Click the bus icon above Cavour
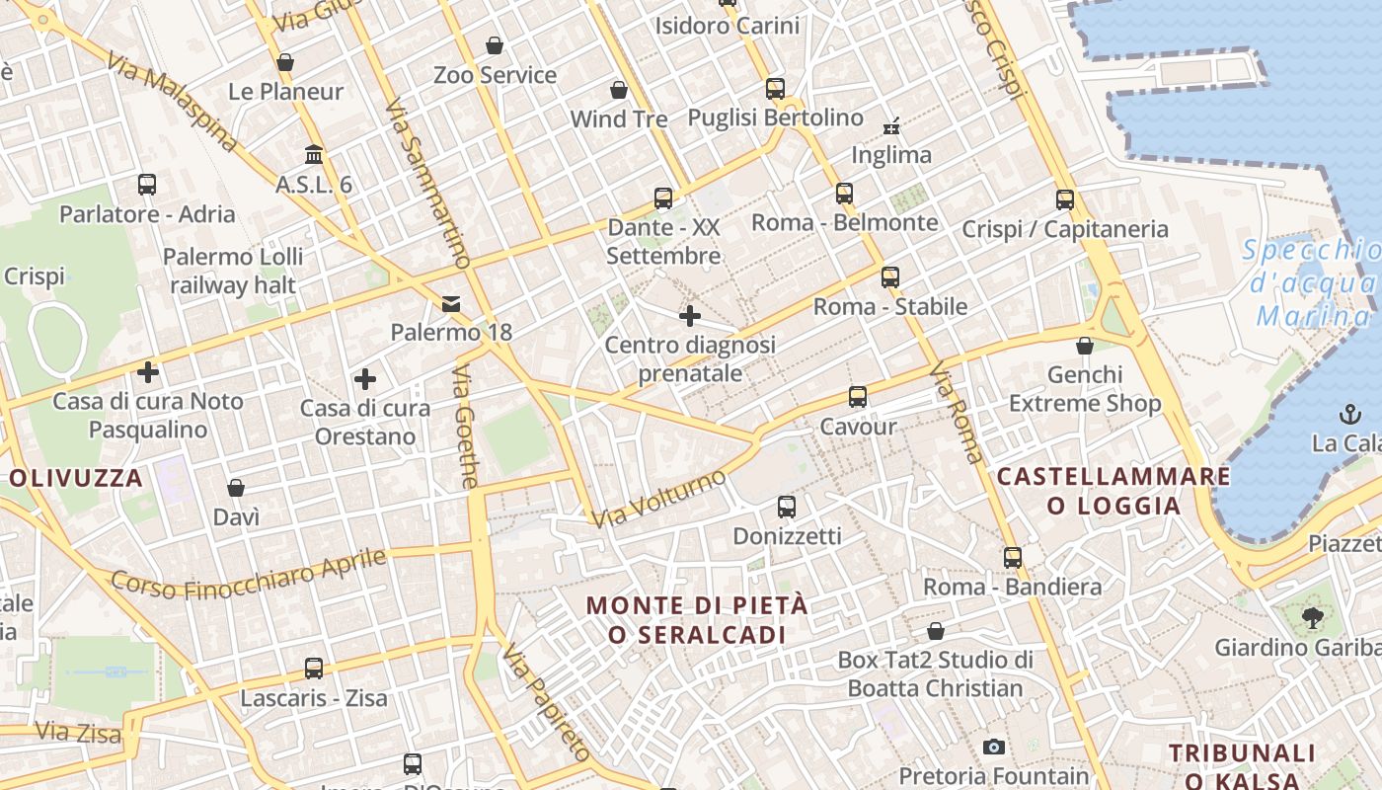point(857,397)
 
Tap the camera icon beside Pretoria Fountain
point(993,747)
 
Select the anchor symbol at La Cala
point(1349,414)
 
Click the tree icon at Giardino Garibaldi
point(1312,618)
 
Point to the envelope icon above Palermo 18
point(451,303)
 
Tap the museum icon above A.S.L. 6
point(314,155)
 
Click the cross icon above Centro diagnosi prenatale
point(690,316)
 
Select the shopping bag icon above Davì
point(236,488)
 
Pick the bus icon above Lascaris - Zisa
point(314,669)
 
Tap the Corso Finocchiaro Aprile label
point(248,574)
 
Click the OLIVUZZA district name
point(77,479)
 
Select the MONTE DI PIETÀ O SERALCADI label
point(698,619)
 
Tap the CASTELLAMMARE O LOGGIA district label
point(1113,491)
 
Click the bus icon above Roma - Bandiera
point(1013,557)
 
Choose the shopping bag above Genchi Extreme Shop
point(1085,346)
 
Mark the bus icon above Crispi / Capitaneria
point(1065,199)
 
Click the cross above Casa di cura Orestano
point(365,379)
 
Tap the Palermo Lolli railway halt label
point(234,271)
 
